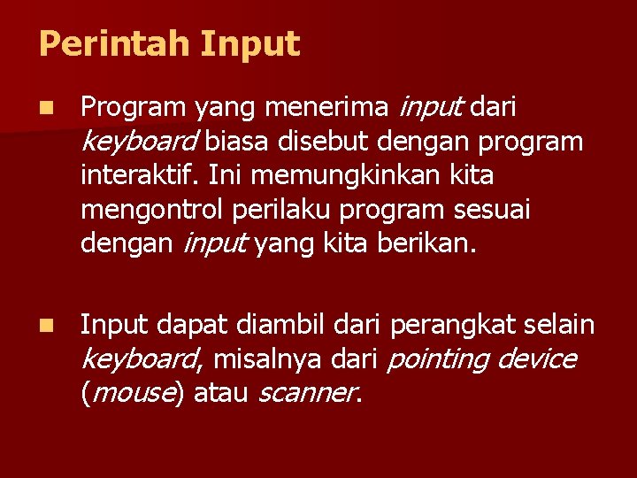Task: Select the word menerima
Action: coord(326,108)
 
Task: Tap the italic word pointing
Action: coord(438,359)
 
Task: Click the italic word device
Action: coord(537,359)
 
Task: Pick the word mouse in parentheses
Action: coord(132,393)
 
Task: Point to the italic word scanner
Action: coord(307,393)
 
